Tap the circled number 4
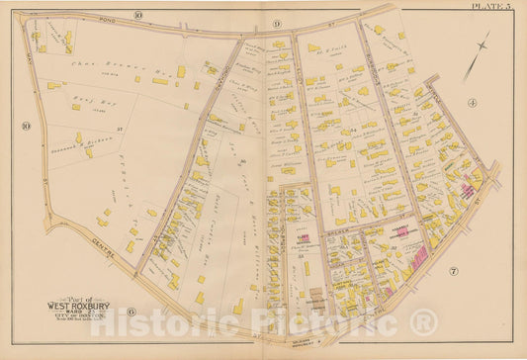tap(473, 102)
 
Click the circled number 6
tap(132, 313)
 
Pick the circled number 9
tap(277, 23)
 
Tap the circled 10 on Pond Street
tap(138, 15)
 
